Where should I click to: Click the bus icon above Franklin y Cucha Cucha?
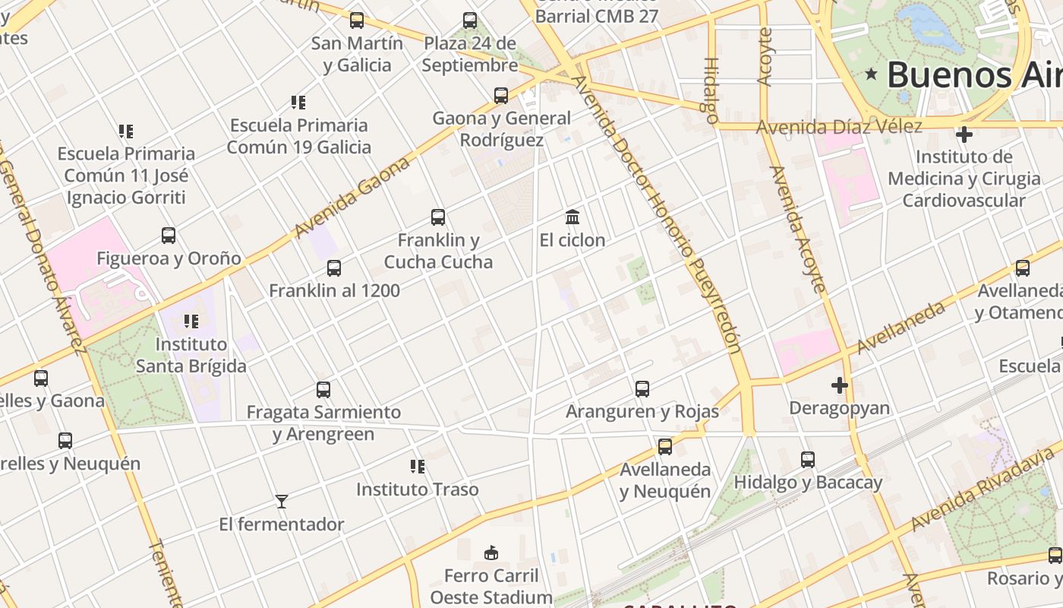coord(438,217)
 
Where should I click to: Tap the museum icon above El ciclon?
coord(573,217)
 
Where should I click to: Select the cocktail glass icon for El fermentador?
coord(282,502)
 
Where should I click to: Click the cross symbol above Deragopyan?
coord(839,385)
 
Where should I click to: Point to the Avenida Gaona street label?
coord(354,196)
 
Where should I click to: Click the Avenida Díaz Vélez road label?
coord(839,127)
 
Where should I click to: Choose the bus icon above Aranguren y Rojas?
coord(642,389)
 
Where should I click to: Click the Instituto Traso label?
coord(418,489)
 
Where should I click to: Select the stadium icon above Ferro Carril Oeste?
coord(491,553)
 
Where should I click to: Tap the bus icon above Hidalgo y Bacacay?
coord(808,460)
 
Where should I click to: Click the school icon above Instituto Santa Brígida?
coord(191,321)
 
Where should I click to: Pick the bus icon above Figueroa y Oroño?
coord(169,236)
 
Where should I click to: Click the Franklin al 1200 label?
coord(334,290)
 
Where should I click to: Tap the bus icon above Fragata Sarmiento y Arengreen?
coord(323,390)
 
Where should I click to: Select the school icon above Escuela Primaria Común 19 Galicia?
coord(298,102)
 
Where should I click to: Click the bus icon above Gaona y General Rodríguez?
coord(501,96)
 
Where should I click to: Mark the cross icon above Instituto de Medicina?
coord(964,135)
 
